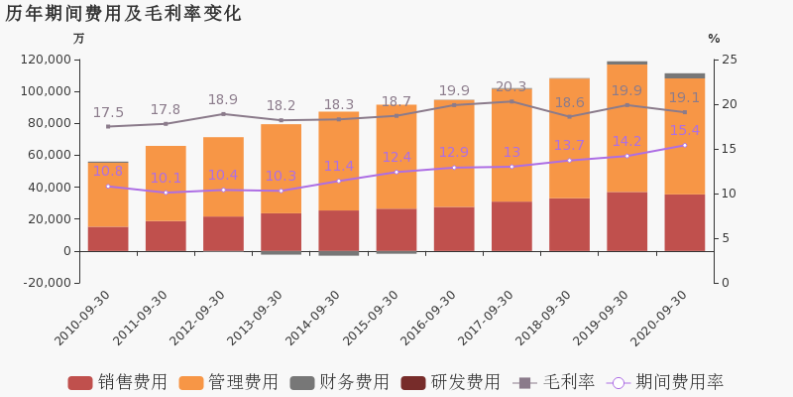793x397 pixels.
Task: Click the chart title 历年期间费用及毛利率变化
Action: (123, 14)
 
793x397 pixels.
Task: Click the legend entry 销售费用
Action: (118, 383)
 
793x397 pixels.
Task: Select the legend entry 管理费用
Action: (229, 383)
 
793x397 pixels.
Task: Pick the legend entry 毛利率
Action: (555, 383)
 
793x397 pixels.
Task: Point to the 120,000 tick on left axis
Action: (47, 60)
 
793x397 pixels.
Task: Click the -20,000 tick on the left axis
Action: (47, 283)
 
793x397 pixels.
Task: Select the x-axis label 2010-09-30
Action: (83, 318)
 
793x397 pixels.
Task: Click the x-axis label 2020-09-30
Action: (660, 318)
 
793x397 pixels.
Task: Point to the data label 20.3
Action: (510, 87)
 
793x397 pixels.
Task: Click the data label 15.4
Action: (684, 130)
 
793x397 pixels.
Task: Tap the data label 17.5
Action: (108, 113)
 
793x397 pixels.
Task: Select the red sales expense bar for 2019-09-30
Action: (626, 221)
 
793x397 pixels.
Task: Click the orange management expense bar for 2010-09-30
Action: (108, 195)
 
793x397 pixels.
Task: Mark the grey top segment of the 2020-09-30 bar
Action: (684, 75)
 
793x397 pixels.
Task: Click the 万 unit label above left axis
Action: (79, 39)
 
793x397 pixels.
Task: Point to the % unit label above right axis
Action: (714, 39)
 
